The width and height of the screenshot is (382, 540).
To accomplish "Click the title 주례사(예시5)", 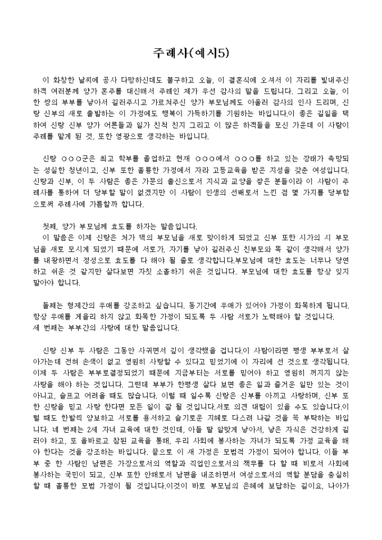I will point(191,53).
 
